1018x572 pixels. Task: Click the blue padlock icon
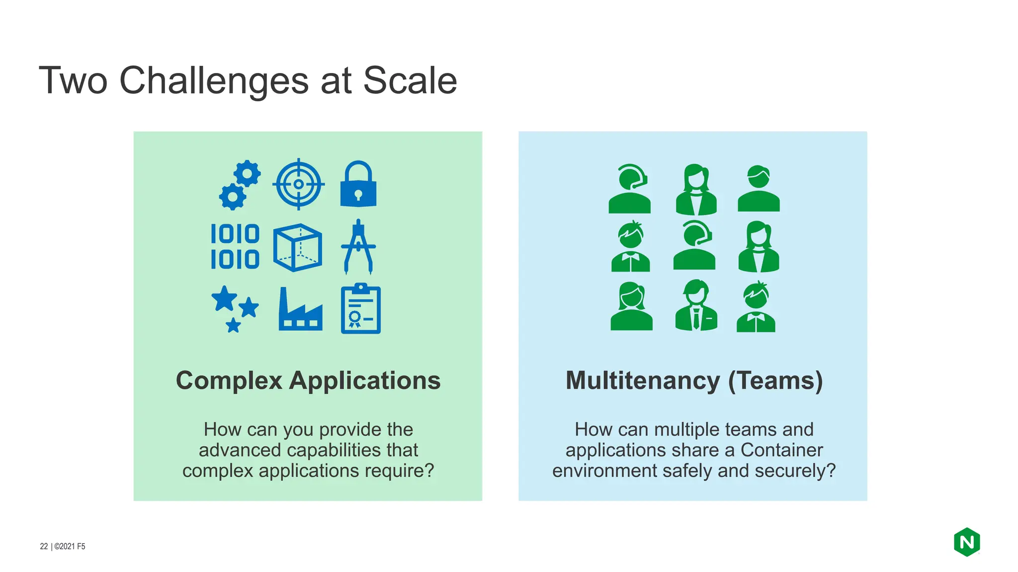pyautogui.click(x=358, y=185)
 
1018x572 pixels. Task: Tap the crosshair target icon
pyautogui.click(x=298, y=184)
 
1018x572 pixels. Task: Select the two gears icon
pyautogui.click(x=240, y=185)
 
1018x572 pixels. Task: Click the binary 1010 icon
pyautogui.click(x=235, y=246)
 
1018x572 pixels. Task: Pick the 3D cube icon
pyautogui.click(x=297, y=247)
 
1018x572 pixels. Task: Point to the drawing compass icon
pyautogui.click(x=358, y=247)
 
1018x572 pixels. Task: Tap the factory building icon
pyautogui.click(x=300, y=310)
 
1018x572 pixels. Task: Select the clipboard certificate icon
pyautogui.click(x=360, y=309)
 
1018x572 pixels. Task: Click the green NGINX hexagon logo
pyautogui.click(x=966, y=542)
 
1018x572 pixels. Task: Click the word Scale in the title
pyautogui.click(x=410, y=80)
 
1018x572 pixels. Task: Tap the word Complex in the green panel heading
pyautogui.click(x=229, y=381)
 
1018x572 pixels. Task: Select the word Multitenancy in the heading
pyautogui.click(x=642, y=381)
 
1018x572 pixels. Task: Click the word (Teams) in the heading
pyautogui.click(x=775, y=381)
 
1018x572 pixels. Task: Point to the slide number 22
pyautogui.click(x=44, y=546)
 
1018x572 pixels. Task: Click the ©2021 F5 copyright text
pyautogui.click(x=70, y=546)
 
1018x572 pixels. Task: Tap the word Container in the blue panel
pyautogui.click(x=781, y=450)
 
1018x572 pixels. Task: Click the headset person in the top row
pyautogui.click(x=629, y=189)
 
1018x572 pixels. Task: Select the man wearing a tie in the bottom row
pyautogui.click(x=696, y=305)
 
